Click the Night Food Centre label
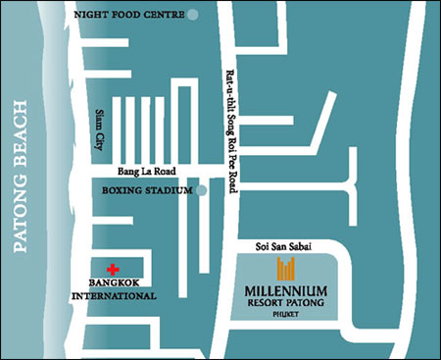[x=129, y=15]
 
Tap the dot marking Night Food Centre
[x=193, y=15]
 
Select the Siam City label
[x=99, y=129]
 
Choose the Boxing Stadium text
[x=146, y=191]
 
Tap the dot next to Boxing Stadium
[x=200, y=191]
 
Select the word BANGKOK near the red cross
[x=118, y=283]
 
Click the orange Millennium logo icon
[x=286, y=270]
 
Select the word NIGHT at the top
[x=88, y=15]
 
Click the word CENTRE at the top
[x=163, y=15]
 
